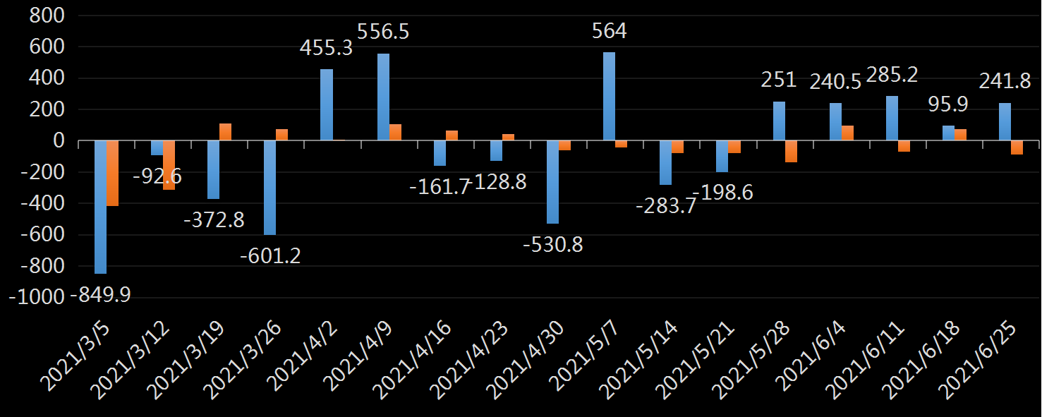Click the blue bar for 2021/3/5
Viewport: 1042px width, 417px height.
pos(100,207)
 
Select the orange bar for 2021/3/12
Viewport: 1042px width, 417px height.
pos(169,165)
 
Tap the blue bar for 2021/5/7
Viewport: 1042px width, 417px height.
pos(609,97)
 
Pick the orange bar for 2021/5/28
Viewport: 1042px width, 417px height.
pos(791,152)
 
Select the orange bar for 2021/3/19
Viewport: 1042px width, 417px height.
pos(225,132)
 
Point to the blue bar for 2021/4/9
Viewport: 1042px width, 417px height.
pos(383,97)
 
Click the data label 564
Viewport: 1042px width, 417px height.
pos(610,31)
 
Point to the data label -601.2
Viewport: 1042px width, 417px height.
pos(270,255)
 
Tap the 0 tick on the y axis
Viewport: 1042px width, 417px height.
pos(59,141)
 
